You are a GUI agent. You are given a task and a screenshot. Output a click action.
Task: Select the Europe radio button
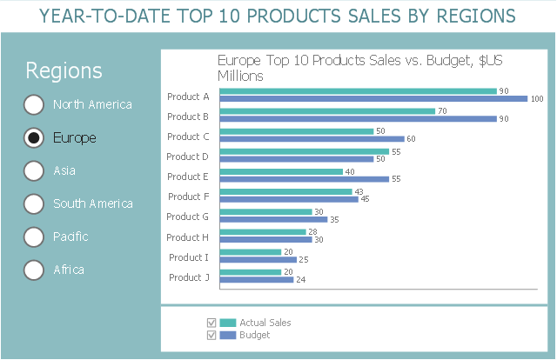point(34,137)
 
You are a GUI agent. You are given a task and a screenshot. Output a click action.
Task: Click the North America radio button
point(34,104)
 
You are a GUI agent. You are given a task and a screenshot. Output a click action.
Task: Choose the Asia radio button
point(34,170)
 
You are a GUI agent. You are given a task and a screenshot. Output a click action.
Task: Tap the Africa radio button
point(34,270)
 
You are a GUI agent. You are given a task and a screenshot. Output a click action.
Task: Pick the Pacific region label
point(70,237)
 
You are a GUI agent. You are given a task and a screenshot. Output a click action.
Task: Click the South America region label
point(93,203)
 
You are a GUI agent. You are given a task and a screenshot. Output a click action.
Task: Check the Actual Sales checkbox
point(211,323)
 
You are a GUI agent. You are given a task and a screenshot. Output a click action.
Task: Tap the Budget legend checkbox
point(211,335)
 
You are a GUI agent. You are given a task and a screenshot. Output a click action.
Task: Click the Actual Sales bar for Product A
point(358,91)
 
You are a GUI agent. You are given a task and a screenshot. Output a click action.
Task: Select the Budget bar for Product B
point(358,118)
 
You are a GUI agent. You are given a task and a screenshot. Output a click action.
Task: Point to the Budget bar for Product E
point(305,179)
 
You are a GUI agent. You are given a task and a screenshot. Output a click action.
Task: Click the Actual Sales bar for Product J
point(251,272)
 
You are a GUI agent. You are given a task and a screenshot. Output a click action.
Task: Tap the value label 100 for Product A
point(537,99)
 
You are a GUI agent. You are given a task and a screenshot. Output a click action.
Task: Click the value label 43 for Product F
point(359,191)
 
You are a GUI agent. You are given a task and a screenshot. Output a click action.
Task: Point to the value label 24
point(301,280)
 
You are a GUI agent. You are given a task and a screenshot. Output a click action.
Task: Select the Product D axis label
point(188,157)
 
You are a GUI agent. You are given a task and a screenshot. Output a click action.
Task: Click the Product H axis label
point(188,237)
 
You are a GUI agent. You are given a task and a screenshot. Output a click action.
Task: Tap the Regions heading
point(64,70)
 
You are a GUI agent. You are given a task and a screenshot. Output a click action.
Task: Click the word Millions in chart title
point(240,76)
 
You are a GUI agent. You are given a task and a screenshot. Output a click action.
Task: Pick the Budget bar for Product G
point(273,219)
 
